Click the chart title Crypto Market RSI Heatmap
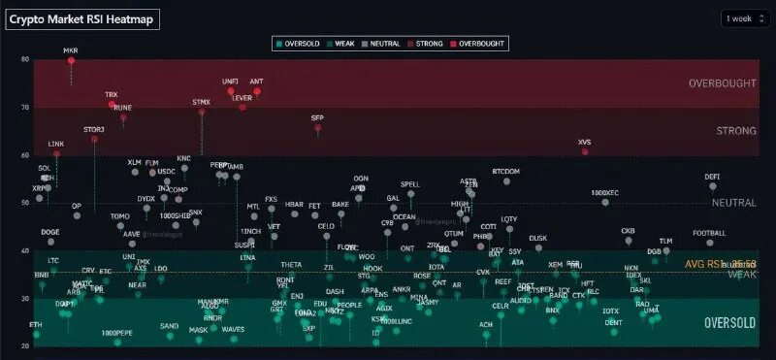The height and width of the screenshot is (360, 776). (82, 18)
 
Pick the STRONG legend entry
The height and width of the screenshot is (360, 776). (428, 44)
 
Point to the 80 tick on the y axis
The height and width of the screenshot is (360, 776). (25, 59)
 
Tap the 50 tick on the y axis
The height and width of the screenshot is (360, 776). (25, 203)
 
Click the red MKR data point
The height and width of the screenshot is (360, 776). (71, 60)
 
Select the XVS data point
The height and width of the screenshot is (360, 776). (585, 151)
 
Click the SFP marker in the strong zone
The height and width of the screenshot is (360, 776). (317, 128)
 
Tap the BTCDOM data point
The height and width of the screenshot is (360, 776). (506, 181)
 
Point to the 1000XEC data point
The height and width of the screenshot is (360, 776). (605, 202)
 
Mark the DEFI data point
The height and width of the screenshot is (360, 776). (713, 186)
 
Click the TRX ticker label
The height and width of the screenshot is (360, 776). (112, 94)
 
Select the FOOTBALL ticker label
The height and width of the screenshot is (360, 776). (710, 233)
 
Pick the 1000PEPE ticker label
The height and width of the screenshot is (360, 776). (116, 333)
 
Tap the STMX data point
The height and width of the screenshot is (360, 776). (202, 112)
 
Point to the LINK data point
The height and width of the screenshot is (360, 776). (56, 153)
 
